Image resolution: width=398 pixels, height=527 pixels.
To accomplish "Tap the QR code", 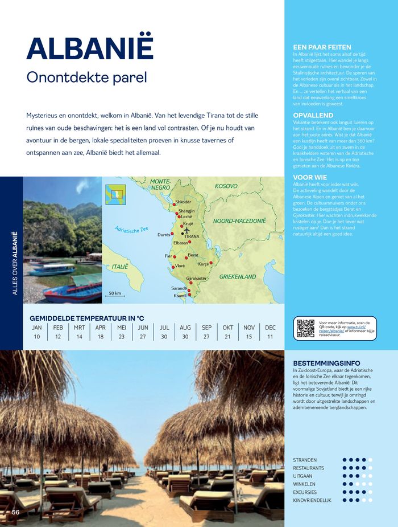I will pyautogui.click(x=305, y=329).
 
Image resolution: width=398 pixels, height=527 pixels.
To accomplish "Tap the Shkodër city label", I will pyautogui.click(x=184, y=202).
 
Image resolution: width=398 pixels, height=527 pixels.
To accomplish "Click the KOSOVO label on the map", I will pyautogui.click(x=226, y=186).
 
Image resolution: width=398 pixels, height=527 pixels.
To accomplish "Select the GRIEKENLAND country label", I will pyautogui.click(x=238, y=277).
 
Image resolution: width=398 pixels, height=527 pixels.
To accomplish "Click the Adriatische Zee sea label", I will pyautogui.click(x=131, y=232).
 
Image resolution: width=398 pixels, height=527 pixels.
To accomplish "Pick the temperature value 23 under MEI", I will pyautogui.click(x=122, y=337).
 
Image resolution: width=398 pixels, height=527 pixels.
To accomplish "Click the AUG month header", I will pyautogui.click(x=185, y=328).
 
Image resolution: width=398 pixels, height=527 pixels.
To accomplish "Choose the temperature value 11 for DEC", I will pyautogui.click(x=270, y=337).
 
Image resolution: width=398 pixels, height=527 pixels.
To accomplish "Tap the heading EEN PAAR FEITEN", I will pyautogui.click(x=322, y=47).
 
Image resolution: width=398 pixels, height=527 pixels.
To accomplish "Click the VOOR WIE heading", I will pyautogui.click(x=310, y=178).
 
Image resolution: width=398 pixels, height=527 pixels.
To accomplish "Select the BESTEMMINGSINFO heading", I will pyautogui.click(x=326, y=363).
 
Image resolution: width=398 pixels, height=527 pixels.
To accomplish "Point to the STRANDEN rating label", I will pyautogui.click(x=305, y=460).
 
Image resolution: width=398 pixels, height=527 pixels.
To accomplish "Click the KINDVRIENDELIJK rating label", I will pyautogui.click(x=312, y=500).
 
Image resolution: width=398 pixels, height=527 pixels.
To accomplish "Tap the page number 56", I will pyautogui.click(x=16, y=512).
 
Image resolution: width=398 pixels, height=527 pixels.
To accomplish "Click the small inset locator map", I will pyautogui.click(x=115, y=194).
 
